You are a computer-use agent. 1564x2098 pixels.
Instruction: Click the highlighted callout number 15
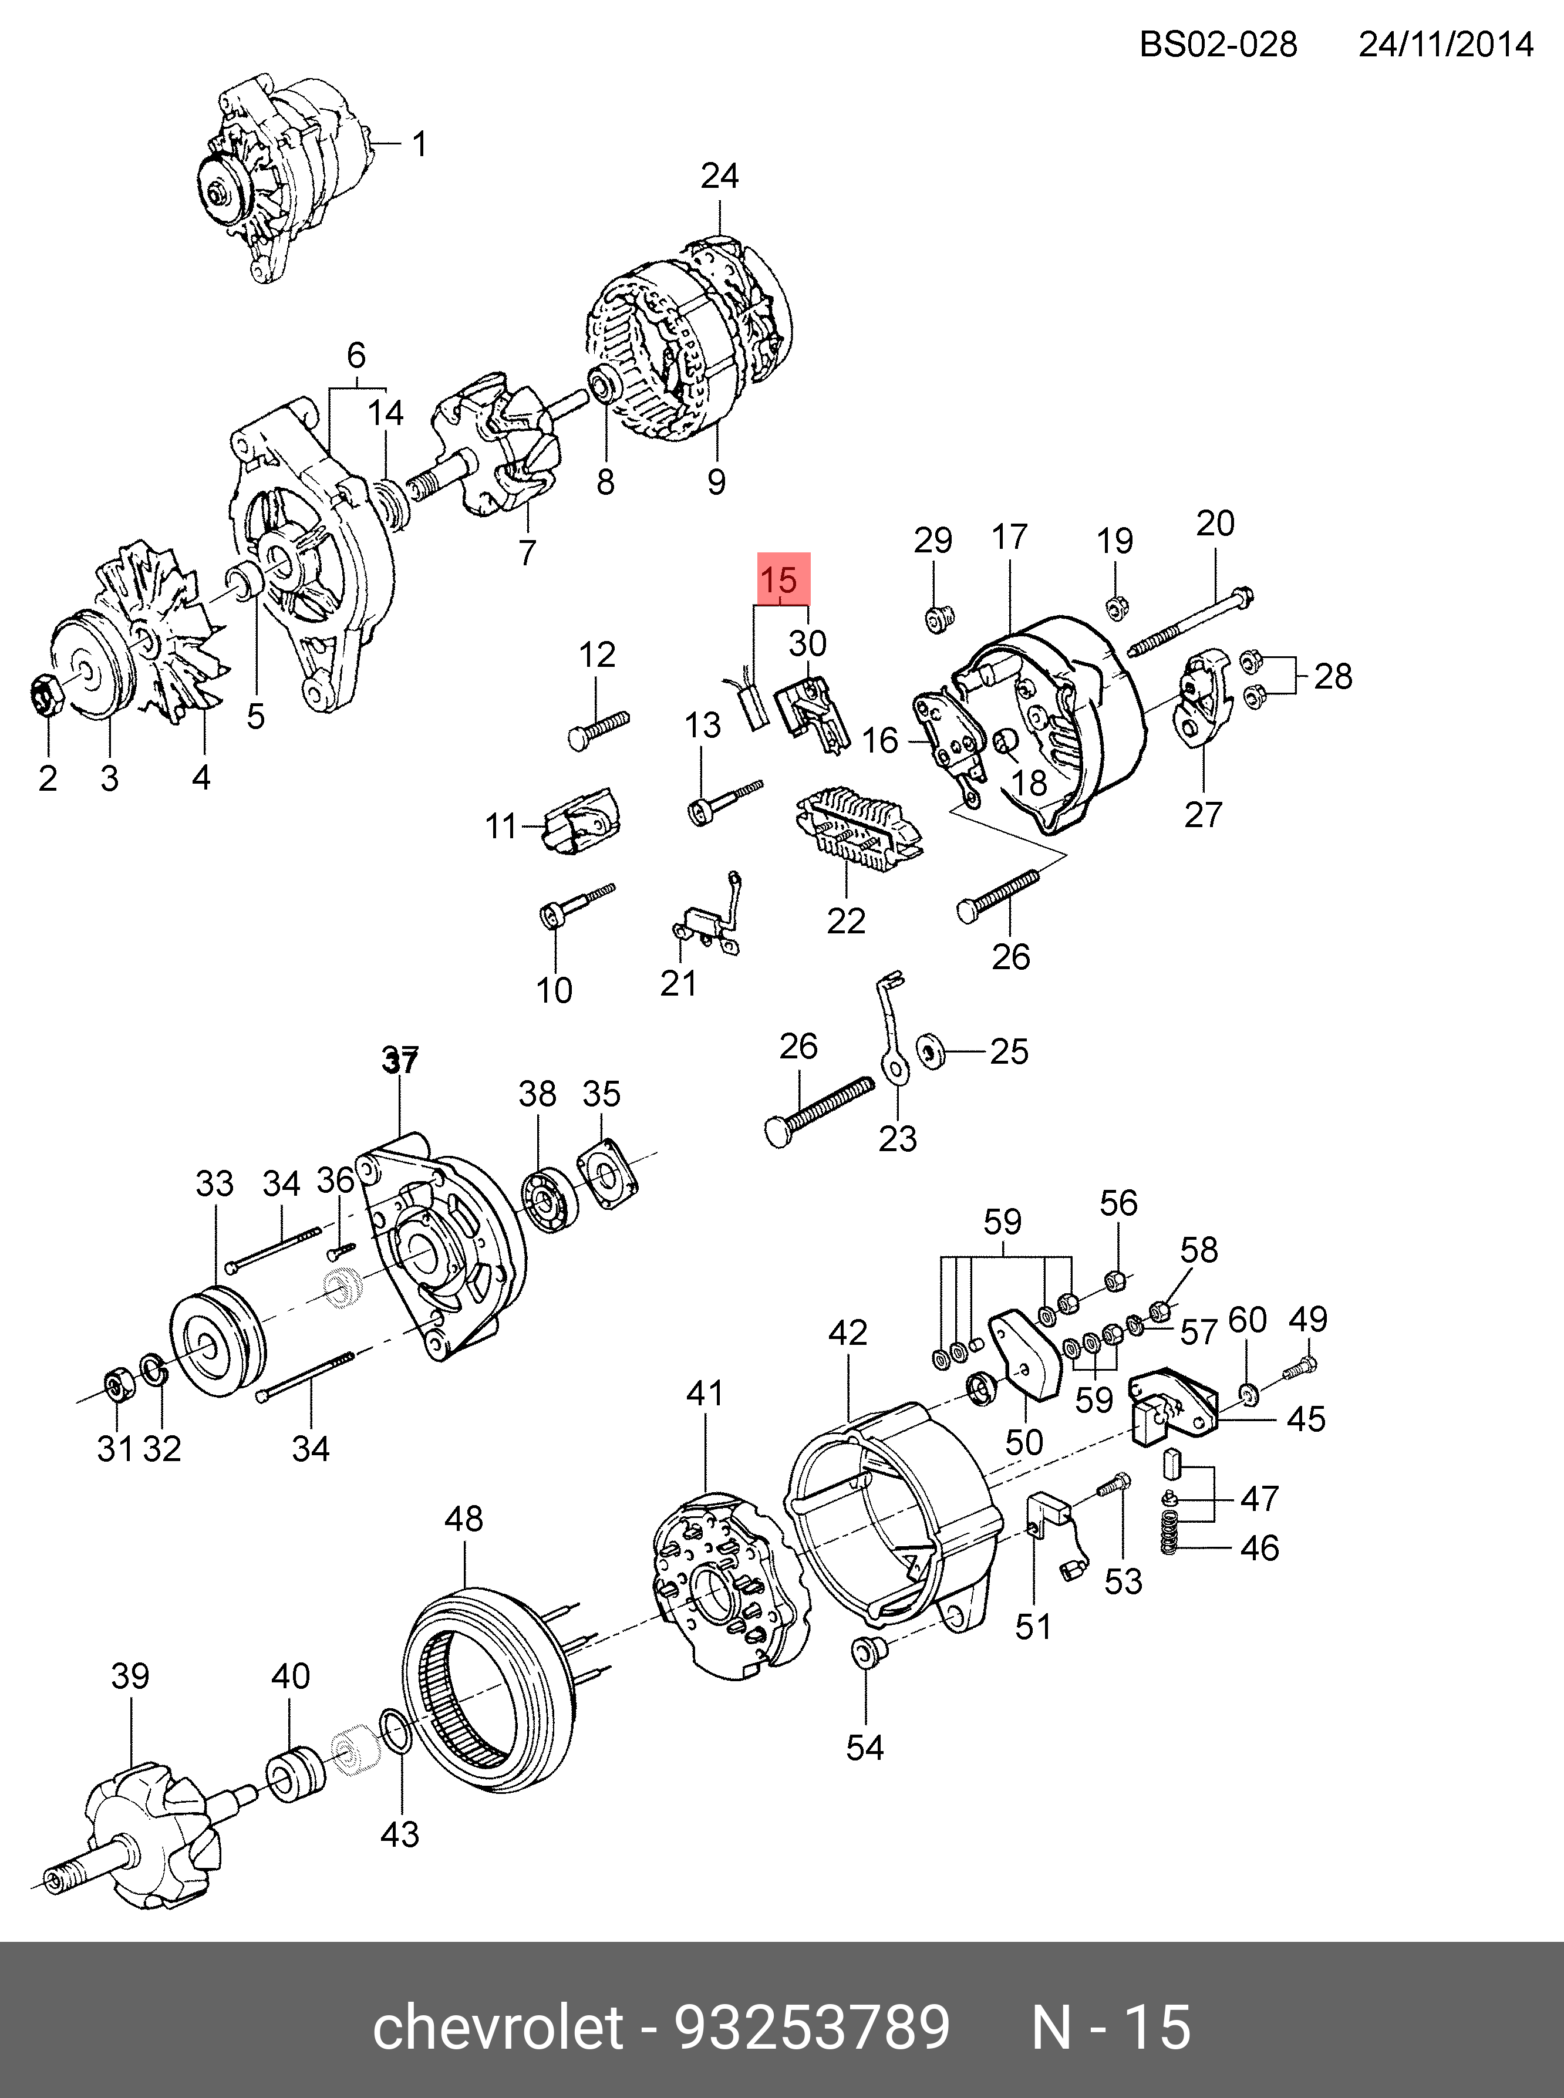point(782,579)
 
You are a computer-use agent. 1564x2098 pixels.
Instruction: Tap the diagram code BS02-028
point(1218,45)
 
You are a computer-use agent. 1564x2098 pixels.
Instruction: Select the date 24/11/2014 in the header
point(1445,45)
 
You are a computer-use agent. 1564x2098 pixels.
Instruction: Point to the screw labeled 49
point(1299,1369)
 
